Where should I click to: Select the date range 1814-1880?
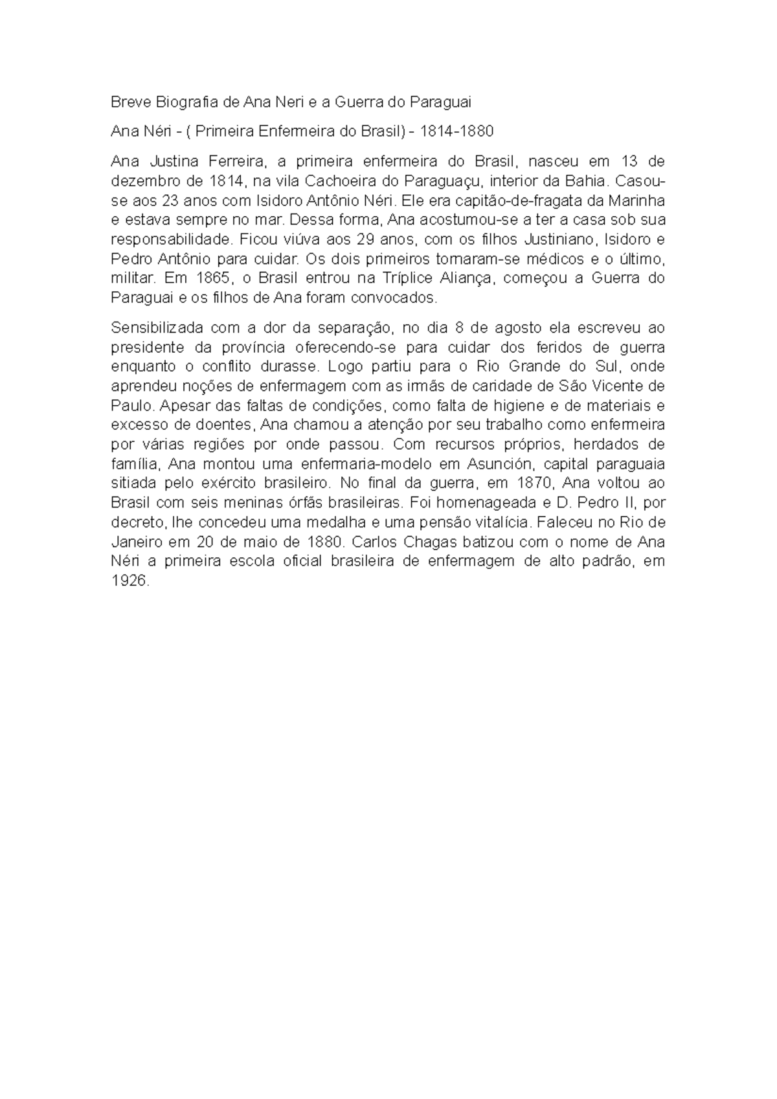tap(457, 131)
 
